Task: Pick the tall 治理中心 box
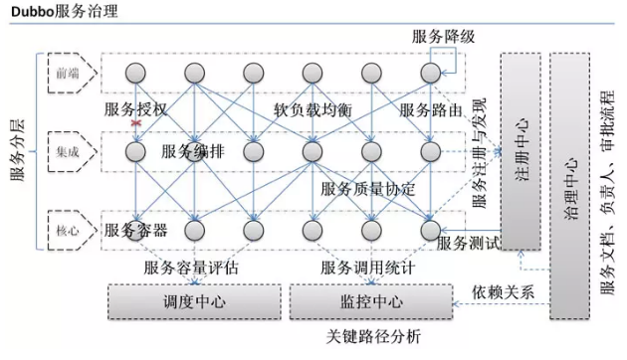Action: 570,184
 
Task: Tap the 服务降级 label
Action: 444,37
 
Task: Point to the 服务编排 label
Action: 193,152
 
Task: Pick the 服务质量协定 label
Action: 367,188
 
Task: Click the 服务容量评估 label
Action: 191,269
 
